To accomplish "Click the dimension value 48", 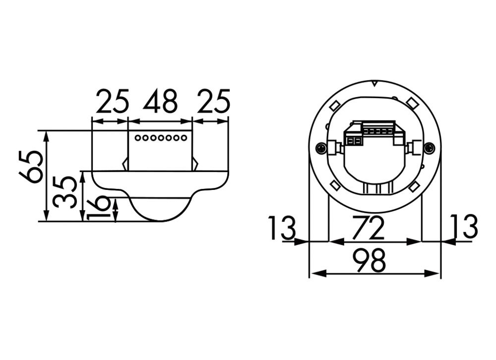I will click(160, 102).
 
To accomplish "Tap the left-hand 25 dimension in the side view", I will click(112, 102).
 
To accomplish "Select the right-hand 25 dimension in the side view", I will click(213, 102).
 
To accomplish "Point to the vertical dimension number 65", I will click(30, 167).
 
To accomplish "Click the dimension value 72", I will click(370, 228).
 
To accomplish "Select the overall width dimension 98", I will click(370, 261).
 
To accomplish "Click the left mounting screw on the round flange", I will click(322, 147).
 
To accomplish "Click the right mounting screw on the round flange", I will click(429, 147).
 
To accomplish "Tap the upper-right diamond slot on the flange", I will click(411, 103).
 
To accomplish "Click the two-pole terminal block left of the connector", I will click(354, 141).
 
